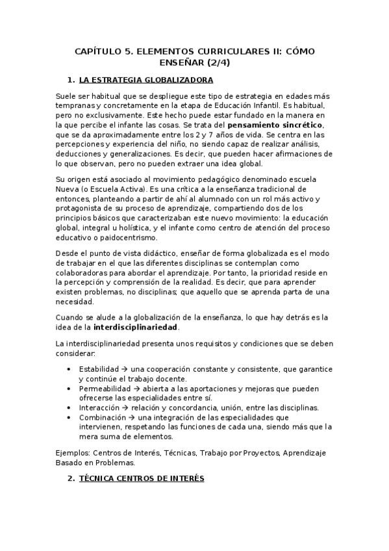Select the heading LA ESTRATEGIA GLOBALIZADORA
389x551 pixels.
click(x=146, y=81)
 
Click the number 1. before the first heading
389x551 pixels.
click(x=71, y=81)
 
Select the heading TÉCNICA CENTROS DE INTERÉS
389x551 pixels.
click(x=141, y=479)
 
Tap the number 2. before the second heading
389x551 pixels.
click(x=71, y=479)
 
